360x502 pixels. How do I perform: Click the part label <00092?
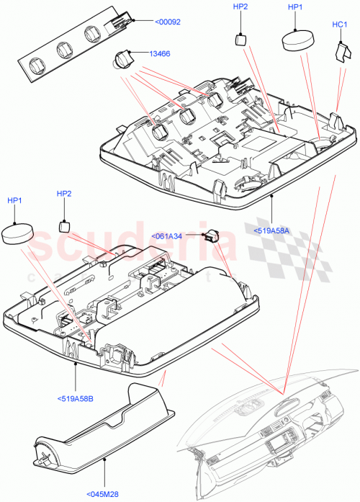pos(168,22)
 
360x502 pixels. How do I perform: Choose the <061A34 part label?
pos(166,236)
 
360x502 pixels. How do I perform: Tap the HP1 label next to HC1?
pos(295,7)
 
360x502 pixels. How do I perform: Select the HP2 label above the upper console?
pos(240,7)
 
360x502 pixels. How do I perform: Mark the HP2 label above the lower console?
pos(64,194)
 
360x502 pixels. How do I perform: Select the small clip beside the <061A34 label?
pos(212,235)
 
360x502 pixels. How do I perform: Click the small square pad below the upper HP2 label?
pos(242,39)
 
